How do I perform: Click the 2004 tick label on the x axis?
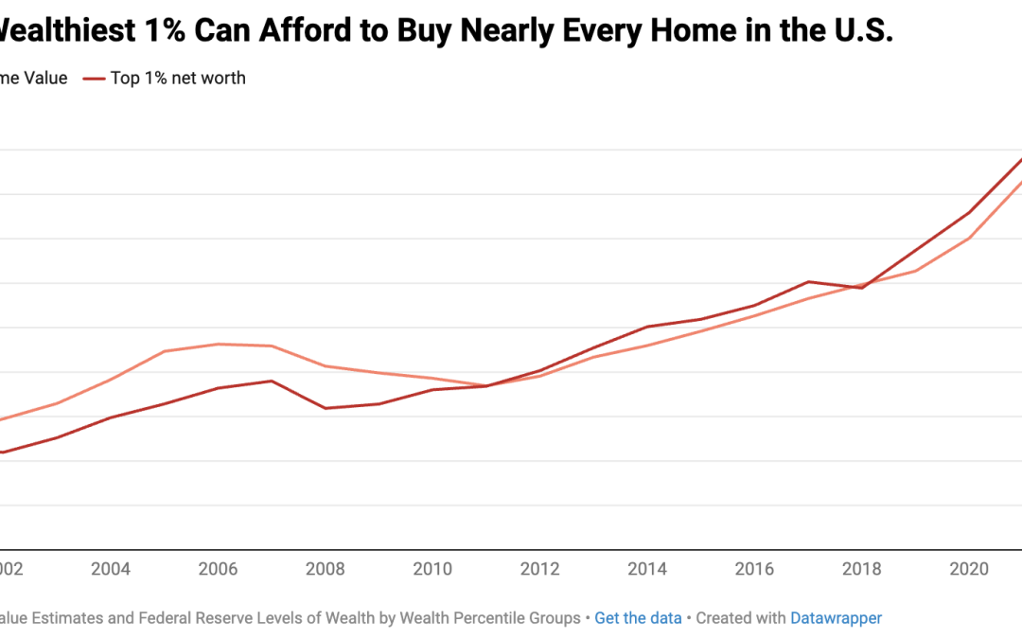(111, 569)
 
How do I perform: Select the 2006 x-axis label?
(219, 569)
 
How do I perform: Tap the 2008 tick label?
(326, 569)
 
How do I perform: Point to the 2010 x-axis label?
(432, 569)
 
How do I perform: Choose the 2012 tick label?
(540, 569)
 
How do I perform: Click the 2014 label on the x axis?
(647, 569)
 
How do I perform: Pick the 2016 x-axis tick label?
(754, 569)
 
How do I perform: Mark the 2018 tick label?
(862, 569)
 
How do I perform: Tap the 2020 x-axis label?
(969, 569)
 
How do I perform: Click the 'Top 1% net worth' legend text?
(178, 79)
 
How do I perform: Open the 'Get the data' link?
(638, 618)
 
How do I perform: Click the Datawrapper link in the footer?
(836, 618)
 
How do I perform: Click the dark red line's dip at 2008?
(326, 408)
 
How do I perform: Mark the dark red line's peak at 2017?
(808, 281)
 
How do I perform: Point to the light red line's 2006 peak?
(219, 344)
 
